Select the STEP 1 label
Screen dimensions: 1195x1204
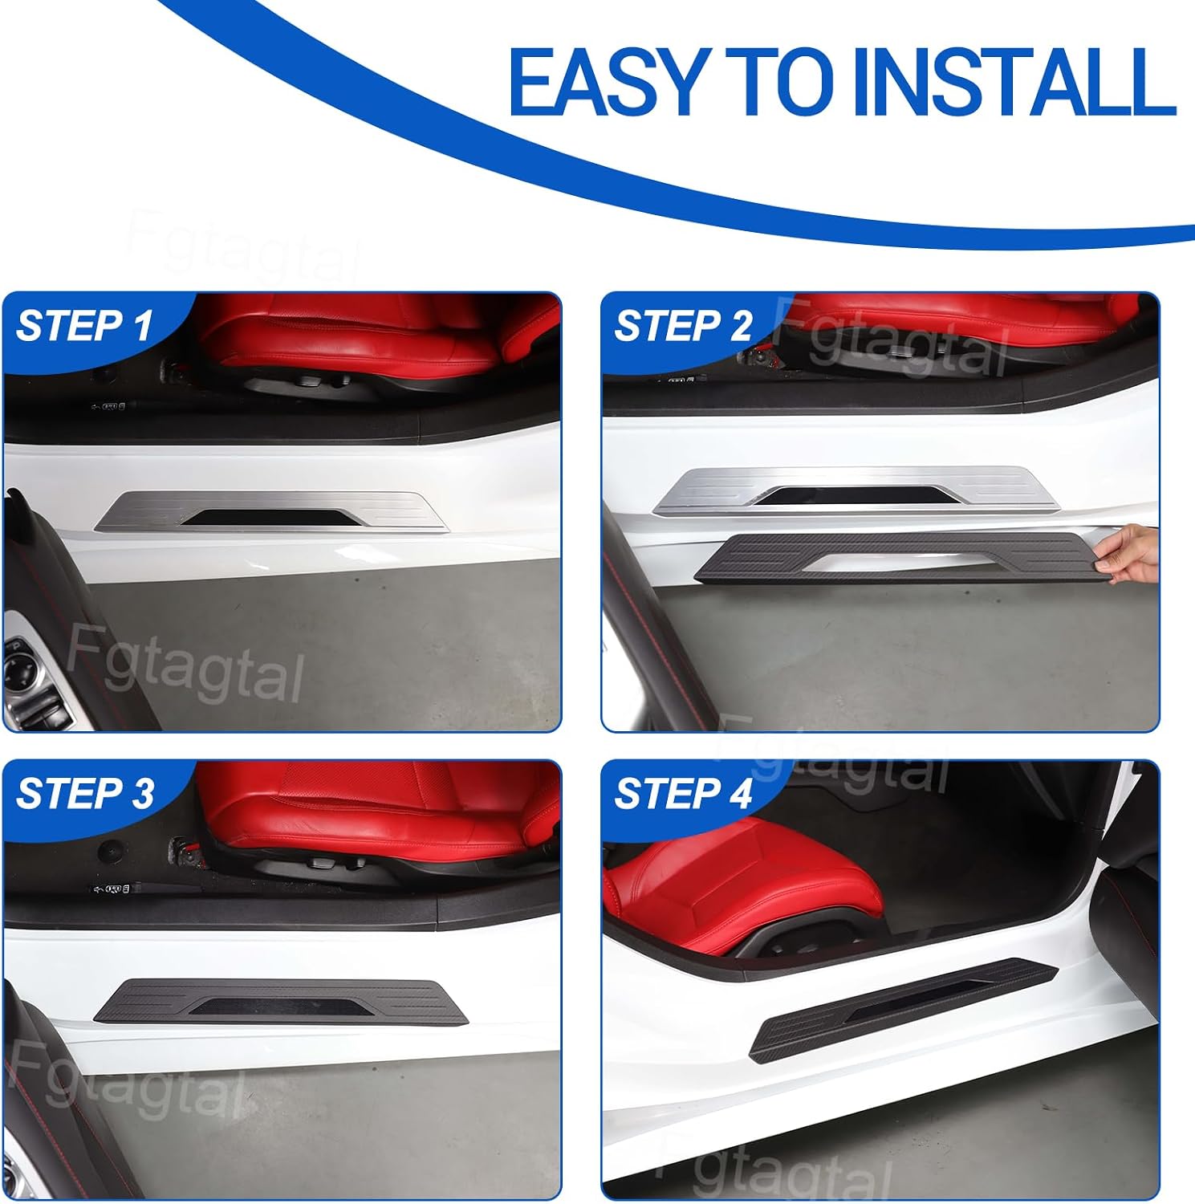pos(84,326)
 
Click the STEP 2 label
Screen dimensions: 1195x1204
pos(683,326)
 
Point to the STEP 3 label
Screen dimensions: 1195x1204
pos(84,793)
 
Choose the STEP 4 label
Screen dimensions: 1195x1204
pos(683,793)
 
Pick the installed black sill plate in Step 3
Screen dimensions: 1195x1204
pos(281,1001)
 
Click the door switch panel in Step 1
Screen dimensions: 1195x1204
pos(36,682)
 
